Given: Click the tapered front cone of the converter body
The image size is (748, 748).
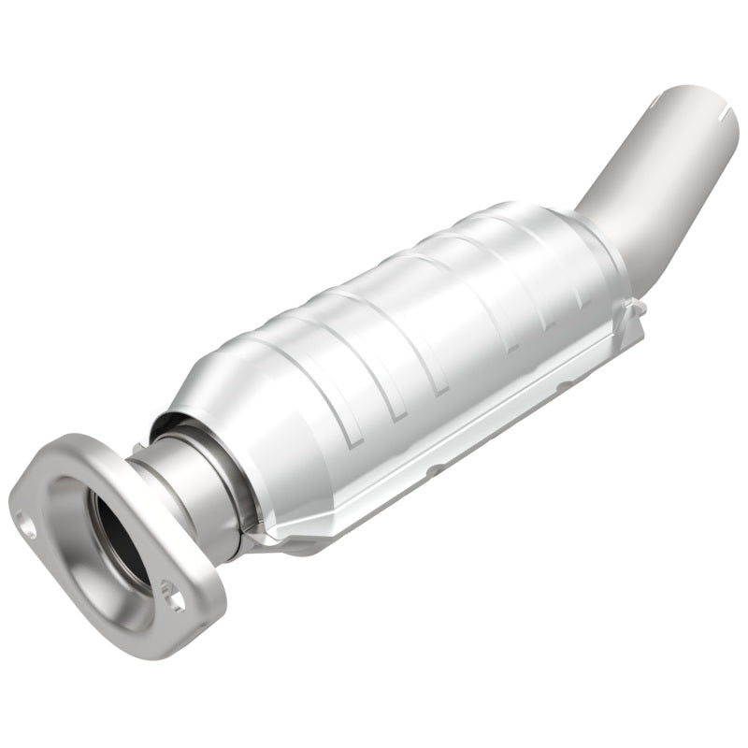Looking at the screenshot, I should pos(210,402).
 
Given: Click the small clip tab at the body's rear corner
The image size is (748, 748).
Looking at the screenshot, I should pos(636,307).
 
